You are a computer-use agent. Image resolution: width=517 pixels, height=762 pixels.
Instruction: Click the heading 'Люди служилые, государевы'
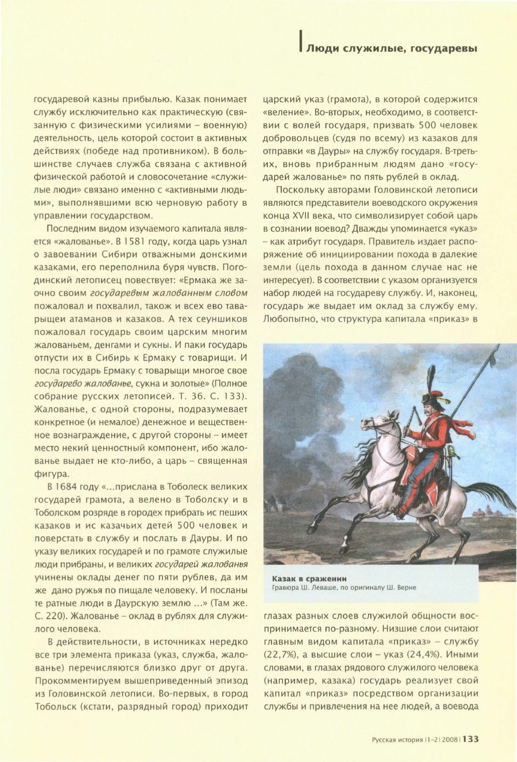pyautogui.click(x=391, y=49)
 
